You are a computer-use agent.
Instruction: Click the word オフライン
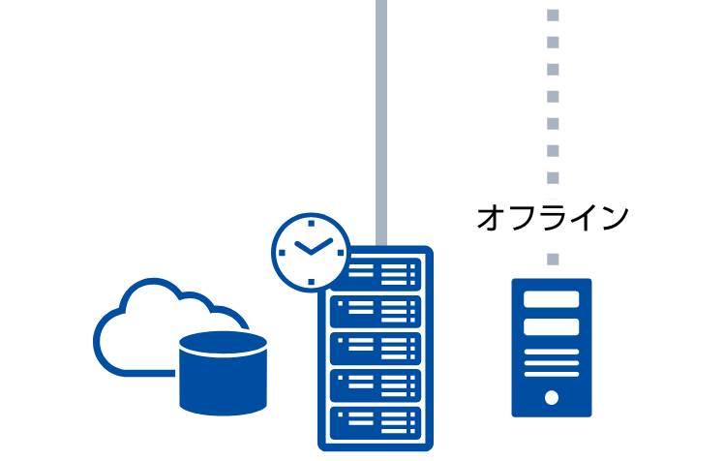click(x=553, y=218)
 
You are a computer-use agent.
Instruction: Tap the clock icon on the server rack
click(x=311, y=252)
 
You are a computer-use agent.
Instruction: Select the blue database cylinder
click(x=223, y=373)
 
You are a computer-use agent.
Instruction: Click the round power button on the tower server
click(x=552, y=397)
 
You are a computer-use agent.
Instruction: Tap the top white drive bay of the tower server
click(x=552, y=299)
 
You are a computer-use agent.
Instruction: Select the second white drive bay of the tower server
click(x=552, y=327)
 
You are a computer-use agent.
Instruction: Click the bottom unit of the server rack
click(x=376, y=423)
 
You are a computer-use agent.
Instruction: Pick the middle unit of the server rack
click(x=376, y=349)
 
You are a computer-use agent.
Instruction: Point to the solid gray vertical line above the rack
click(x=381, y=123)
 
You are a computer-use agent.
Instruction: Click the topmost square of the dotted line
click(x=553, y=15)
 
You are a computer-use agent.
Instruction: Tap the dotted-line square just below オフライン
click(x=553, y=260)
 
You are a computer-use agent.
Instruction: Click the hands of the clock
click(x=313, y=247)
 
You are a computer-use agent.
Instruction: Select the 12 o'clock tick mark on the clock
click(x=312, y=224)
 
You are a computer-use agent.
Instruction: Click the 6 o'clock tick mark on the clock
click(x=312, y=282)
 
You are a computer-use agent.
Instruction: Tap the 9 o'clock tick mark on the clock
click(x=282, y=253)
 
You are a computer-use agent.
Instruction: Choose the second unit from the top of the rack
click(x=376, y=312)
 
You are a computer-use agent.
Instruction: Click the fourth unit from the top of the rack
click(x=376, y=385)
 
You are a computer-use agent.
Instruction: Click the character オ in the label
click(x=491, y=218)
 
